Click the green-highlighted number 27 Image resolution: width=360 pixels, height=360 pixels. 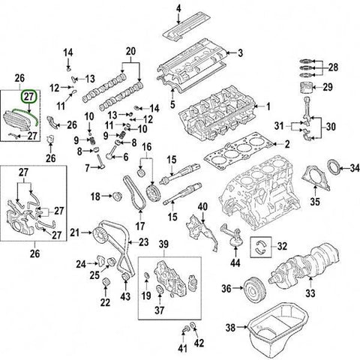point(29,97)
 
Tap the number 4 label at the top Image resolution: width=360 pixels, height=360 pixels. point(178,8)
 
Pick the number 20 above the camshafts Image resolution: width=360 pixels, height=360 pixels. point(132,51)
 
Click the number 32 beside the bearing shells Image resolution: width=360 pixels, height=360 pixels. point(281,246)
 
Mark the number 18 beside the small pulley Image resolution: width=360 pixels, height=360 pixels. point(94,196)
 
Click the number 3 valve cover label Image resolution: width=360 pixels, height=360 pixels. point(241,52)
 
